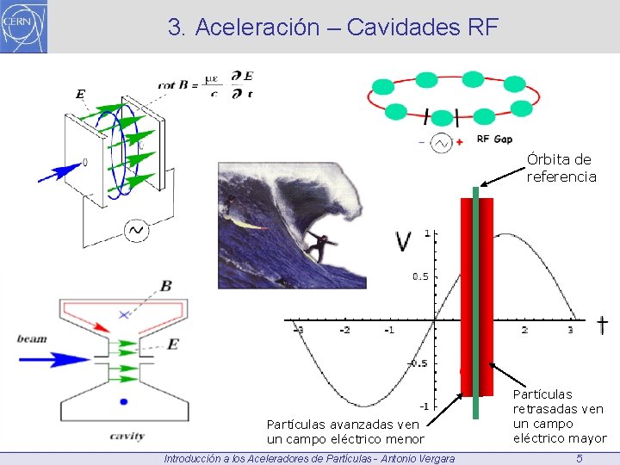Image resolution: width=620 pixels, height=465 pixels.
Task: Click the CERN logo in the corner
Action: click(x=24, y=27)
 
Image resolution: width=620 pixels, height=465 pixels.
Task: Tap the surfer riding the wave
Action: click(x=319, y=248)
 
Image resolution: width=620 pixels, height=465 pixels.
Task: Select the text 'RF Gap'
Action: click(x=494, y=139)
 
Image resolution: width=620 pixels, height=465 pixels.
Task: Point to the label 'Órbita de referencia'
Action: click(x=561, y=168)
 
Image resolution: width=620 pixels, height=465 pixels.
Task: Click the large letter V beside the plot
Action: click(x=403, y=242)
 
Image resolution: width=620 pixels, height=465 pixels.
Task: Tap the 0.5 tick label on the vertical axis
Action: click(x=419, y=276)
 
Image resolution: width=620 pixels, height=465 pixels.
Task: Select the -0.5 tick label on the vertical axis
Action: click(x=417, y=363)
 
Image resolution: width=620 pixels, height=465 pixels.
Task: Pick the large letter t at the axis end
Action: click(x=602, y=325)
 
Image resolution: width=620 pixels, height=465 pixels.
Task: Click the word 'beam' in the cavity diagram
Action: click(x=32, y=338)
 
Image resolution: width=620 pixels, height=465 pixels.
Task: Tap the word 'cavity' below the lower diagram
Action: click(x=127, y=436)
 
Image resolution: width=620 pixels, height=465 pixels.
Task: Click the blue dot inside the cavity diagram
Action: click(x=124, y=401)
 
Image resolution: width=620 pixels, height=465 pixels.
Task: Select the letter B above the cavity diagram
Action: click(x=165, y=286)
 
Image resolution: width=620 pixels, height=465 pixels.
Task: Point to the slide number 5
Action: click(x=580, y=458)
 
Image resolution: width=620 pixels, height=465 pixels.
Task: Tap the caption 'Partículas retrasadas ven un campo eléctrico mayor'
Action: click(x=559, y=416)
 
